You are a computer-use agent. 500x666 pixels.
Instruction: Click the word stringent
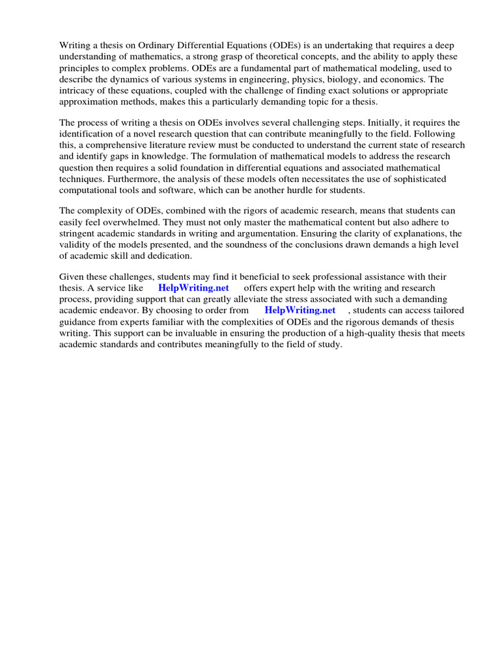pos(79,233)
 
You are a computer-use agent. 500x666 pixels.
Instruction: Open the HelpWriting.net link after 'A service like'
pos(193,288)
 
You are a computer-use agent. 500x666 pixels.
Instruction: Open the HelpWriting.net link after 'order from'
pos(299,311)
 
